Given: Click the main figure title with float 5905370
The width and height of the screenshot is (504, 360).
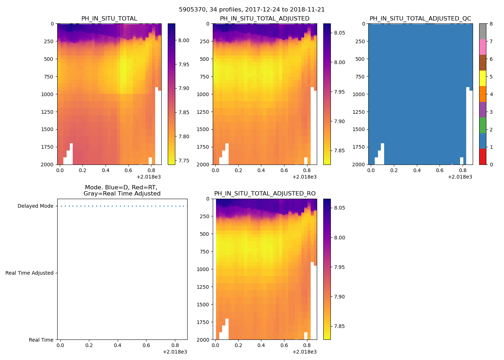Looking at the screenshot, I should point(252,10).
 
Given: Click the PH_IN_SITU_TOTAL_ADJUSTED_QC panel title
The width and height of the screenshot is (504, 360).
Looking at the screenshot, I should point(420,19).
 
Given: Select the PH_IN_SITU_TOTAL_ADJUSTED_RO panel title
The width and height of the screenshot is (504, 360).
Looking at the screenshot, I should point(265,194).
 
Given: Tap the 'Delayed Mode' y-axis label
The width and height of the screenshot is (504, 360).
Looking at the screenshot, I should point(35,206).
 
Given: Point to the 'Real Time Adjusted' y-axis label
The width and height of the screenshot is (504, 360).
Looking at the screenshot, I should point(29,273).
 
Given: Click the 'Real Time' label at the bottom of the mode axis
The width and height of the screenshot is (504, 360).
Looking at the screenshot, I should point(41,340).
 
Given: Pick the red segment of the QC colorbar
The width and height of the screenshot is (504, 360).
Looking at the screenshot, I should point(482,157).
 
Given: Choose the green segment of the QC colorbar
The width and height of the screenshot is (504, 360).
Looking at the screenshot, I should point(482,125).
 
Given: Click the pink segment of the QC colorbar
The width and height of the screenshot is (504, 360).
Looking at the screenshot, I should point(482,47).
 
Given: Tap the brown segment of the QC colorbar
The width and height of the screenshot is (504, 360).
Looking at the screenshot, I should point(482,63).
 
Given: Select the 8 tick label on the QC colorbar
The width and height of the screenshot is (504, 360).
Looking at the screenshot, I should point(491,24).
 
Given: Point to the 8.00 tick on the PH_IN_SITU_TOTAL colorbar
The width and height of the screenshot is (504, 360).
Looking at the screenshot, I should point(184,41).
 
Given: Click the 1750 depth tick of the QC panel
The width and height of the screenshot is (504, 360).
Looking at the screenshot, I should point(360,147).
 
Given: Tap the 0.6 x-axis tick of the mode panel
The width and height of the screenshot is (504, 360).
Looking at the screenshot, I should point(146,346).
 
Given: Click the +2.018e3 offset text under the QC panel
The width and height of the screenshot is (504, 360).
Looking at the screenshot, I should point(460,177).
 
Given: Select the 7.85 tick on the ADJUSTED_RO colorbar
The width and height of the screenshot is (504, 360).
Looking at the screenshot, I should point(339,327).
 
